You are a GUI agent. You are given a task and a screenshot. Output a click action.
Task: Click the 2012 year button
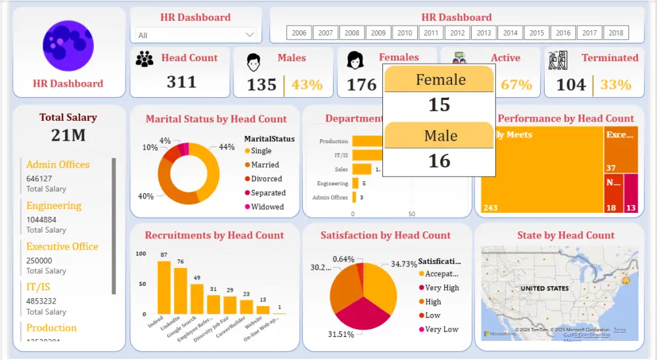click(x=457, y=33)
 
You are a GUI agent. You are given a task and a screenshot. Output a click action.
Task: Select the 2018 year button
click(x=616, y=33)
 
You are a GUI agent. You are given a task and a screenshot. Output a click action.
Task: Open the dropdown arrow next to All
click(x=250, y=35)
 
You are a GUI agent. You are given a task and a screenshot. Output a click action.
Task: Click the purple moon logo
click(x=68, y=45)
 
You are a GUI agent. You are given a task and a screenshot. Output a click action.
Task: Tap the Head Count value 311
click(x=181, y=81)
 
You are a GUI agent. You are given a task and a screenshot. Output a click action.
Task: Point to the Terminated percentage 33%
click(x=616, y=85)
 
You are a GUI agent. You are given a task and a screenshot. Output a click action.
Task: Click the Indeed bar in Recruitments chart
click(x=164, y=288)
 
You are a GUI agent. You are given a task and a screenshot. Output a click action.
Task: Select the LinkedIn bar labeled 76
click(x=180, y=291)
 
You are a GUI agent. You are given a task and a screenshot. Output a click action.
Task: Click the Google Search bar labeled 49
click(x=196, y=299)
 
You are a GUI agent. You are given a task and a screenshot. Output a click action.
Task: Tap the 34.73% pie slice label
click(x=404, y=263)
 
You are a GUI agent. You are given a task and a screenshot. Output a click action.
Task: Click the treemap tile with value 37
click(x=621, y=150)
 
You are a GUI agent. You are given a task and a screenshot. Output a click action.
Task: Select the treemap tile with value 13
click(x=631, y=193)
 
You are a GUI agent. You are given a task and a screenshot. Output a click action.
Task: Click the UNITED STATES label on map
click(x=545, y=288)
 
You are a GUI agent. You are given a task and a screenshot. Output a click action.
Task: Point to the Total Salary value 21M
click(x=68, y=135)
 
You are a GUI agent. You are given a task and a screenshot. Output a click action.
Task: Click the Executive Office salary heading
click(x=62, y=246)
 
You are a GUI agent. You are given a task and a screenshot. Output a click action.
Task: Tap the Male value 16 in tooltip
click(x=439, y=160)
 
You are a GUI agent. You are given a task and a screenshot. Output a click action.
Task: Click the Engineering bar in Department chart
click(x=355, y=183)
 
